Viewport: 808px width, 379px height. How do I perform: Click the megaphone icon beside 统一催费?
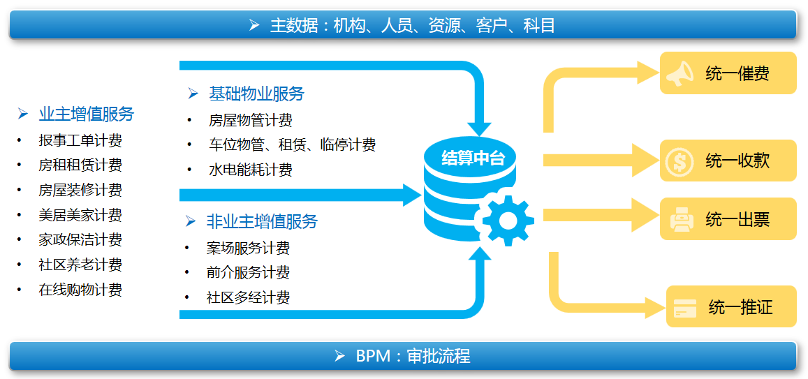tap(680, 73)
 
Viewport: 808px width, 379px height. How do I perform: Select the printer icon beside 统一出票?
tap(681, 219)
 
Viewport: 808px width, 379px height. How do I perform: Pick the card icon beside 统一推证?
tap(685, 307)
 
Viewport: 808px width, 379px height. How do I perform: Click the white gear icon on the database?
tap(508, 220)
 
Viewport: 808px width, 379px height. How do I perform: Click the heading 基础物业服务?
tap(256, 94)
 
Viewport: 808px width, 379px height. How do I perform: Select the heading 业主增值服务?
tap(87, 114)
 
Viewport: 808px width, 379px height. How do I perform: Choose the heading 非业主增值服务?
tap(262, 221)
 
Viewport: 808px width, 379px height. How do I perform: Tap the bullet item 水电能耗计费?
tap(251, 170)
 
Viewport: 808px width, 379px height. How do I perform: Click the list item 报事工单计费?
tap(80, 140)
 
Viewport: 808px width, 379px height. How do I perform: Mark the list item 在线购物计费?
tap(80, 290)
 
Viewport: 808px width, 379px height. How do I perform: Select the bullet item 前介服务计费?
tap(248, 272)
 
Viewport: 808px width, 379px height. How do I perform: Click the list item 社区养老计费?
tap(80, 265)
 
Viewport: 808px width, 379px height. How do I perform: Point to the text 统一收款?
tap(737, 161)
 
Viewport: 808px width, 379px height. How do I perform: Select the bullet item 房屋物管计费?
tap(251, 121)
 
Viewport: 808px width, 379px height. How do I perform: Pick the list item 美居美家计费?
tap(80, 215)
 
